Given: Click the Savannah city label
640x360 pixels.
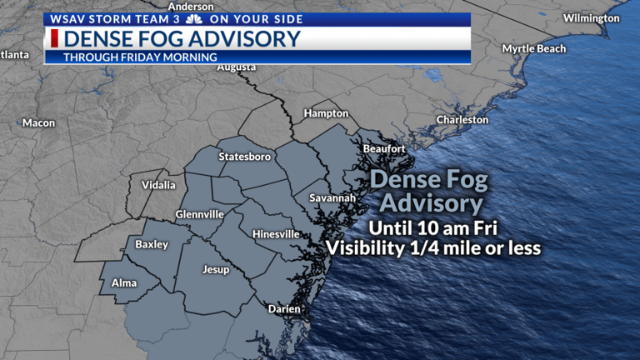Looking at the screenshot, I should (x=332, y=198).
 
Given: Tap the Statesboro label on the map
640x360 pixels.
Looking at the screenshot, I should (x=244, y=157).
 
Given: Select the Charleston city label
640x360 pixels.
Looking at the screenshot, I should (x=462, y=120).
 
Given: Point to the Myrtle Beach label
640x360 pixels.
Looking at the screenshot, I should (x=533, y=49).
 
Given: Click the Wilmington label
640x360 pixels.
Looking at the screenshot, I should (x=591, y=18).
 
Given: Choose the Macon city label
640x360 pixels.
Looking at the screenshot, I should (x=38, y=123).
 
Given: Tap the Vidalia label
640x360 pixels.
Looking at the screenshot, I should (x=159, y=185).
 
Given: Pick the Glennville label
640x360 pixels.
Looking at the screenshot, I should (x=199, y=214).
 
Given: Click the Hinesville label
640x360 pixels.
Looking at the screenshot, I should (x=276, y=234).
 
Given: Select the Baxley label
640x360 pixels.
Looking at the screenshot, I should (x=152, y=245).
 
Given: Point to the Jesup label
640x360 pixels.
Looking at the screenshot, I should (x=215, y=271).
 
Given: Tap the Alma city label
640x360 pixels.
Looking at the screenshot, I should (x=123, y=283).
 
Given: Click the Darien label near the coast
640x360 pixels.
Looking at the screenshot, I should (x=283, y=309).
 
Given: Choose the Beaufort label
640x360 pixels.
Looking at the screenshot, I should (x=384, y=149).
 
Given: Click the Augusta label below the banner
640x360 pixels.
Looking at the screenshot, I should (x=236, y=68).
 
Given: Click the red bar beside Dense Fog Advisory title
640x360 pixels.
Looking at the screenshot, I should (x=54, y=38).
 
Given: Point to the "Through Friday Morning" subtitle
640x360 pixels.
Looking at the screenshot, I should (x=140, y=57).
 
